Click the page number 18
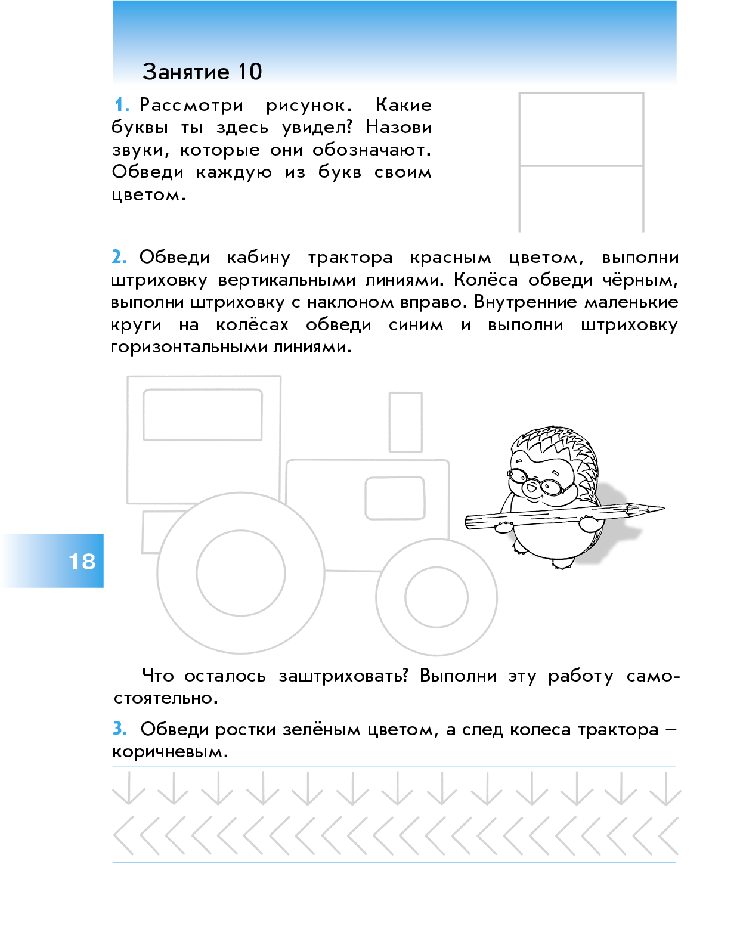[82, 562]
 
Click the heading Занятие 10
[202, 72]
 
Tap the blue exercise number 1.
[122, 106]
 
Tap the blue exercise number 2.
[119, 257]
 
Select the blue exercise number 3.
[120, 729]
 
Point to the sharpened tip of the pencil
[663, 508]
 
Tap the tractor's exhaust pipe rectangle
[405, 422]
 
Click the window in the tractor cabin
[203, 415]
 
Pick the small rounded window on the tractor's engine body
[395, 498]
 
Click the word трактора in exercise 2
[351, 258]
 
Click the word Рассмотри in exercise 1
[191, 106]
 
